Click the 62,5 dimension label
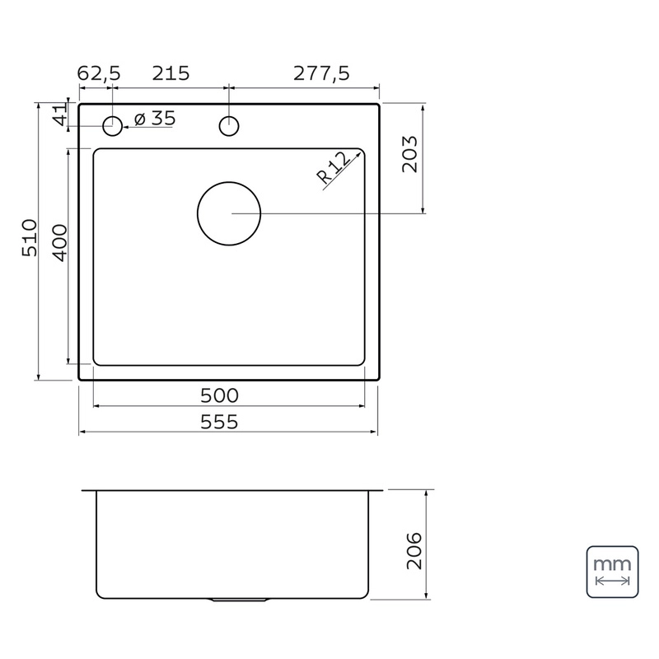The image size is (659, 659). (99, 73)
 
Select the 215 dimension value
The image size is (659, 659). (171, 73)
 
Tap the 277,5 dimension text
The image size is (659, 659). (321, 73)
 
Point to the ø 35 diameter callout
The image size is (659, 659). (155, 118)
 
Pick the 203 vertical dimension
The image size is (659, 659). (409, 154)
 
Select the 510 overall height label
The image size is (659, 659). (30, 237)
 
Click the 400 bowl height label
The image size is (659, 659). (59, 243)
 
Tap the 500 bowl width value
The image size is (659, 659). (219, 395)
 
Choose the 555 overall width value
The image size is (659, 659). (219, 422)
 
